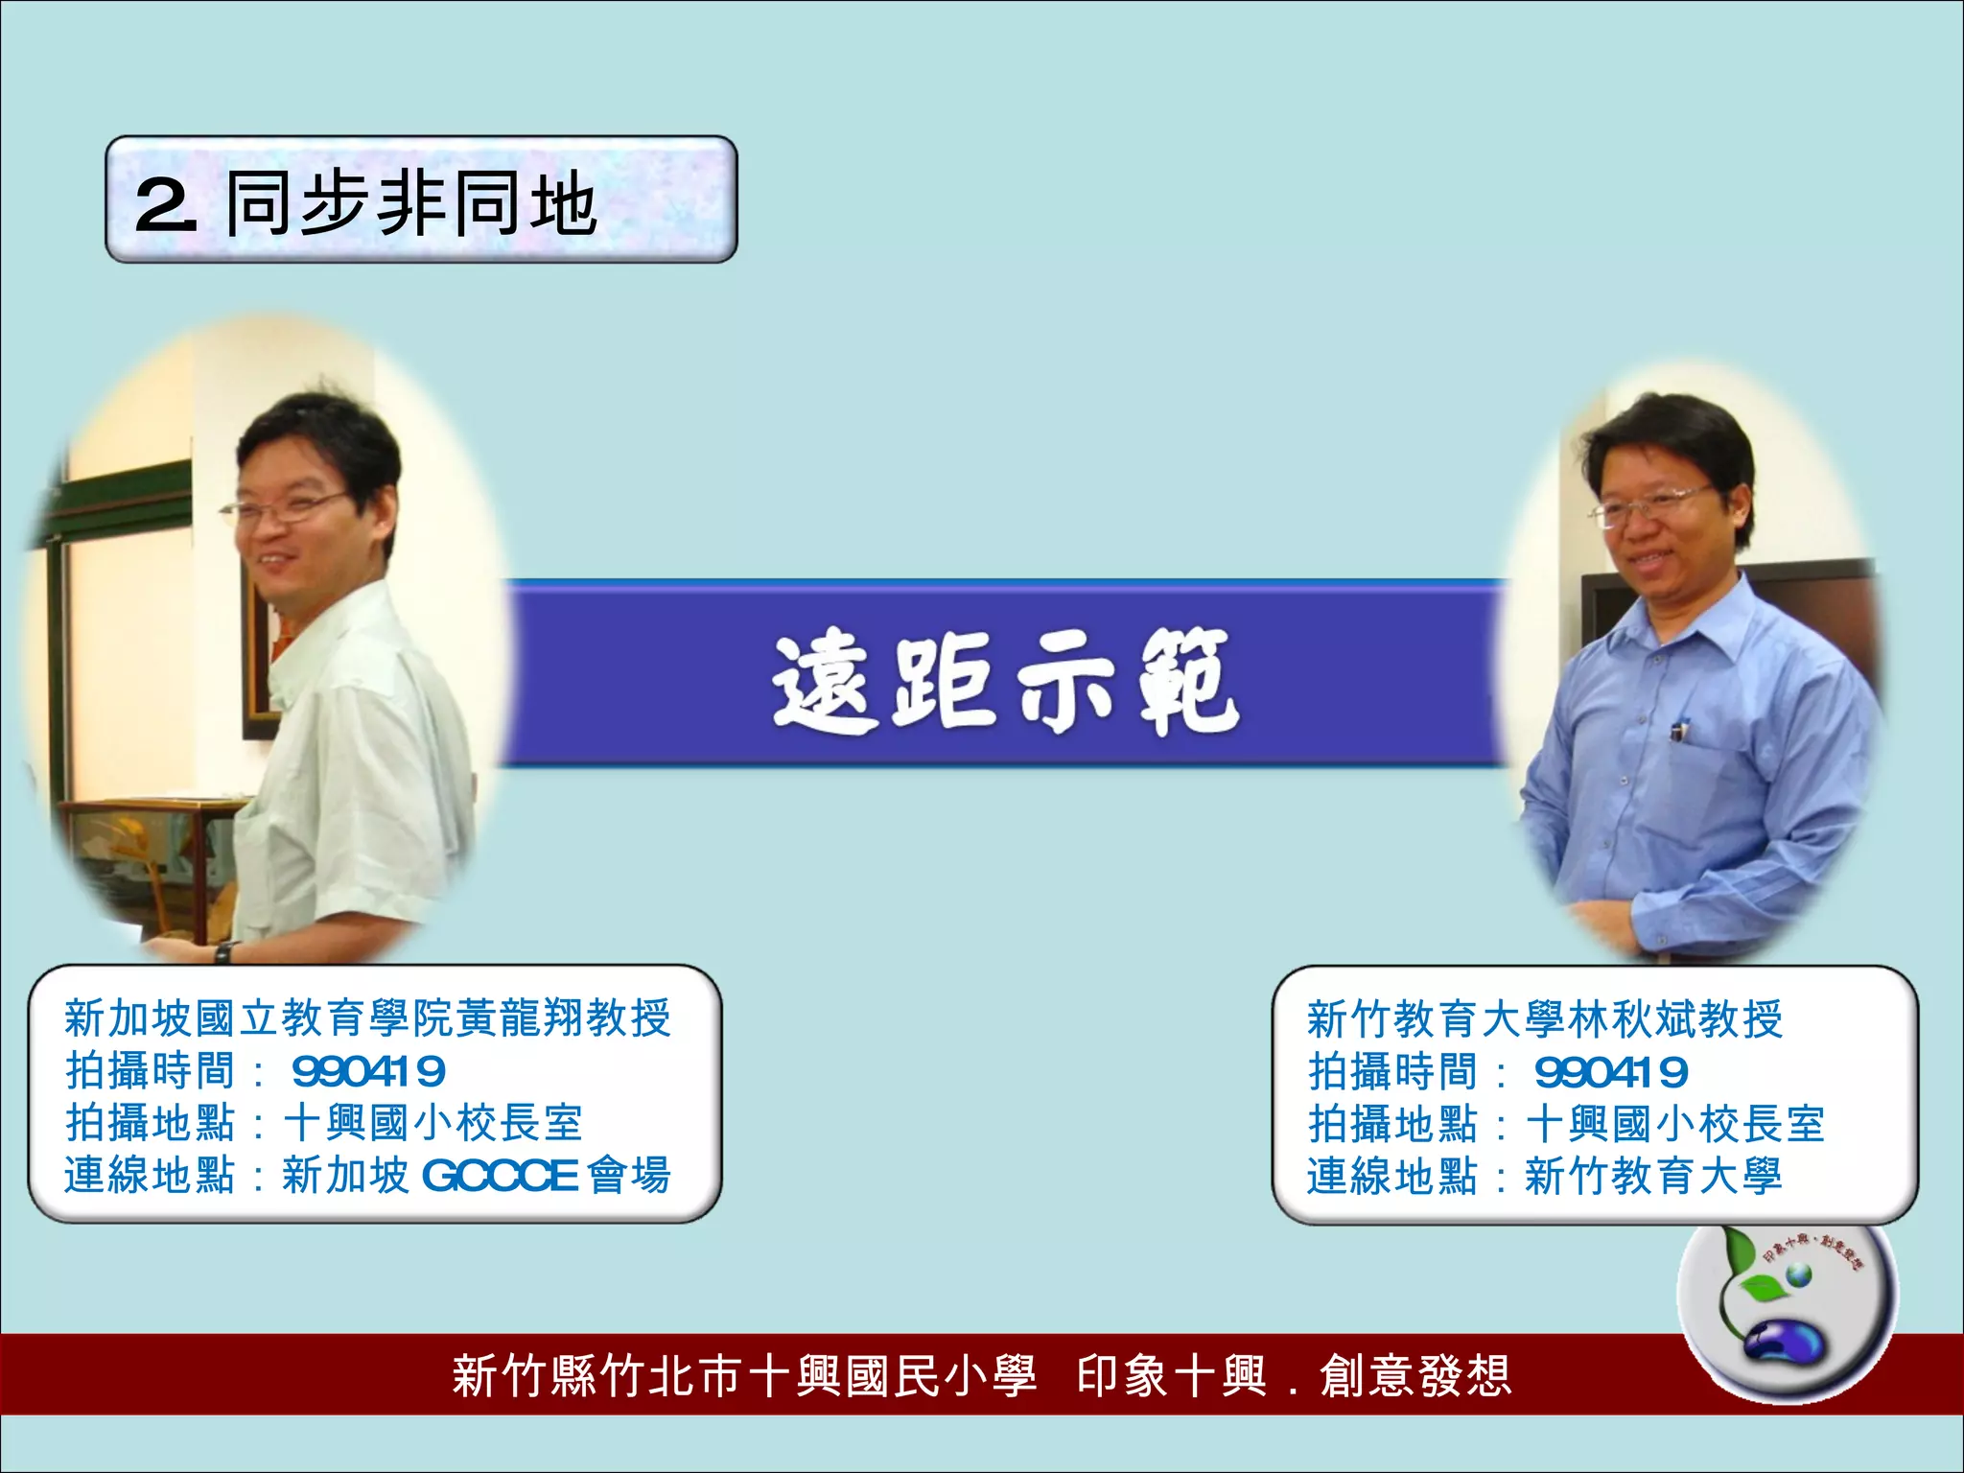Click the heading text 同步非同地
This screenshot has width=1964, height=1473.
pyautogui.click(x=412, y=203)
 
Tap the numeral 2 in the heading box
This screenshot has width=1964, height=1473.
pyautogui.click(x=165, y=204)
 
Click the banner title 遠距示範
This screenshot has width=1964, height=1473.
pyautogui.click(x=1005, y=681)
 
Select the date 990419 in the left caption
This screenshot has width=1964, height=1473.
pyautogui.click(x=368, y=1071)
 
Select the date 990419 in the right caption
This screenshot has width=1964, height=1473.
pyautogui.click(x=1611, y=1072)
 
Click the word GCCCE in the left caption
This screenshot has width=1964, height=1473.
pyautogui.click(x=500, y=1176)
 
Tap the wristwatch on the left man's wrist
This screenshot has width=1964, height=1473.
pyautogui.click(x=222, y=952)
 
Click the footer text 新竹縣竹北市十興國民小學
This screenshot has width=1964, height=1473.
pyautogui.click(x=744, y=1376)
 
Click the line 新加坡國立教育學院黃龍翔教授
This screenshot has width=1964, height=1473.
pyautogui.click(x=368, y=1018)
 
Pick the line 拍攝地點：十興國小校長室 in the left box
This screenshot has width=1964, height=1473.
pyautogui.click(x=324, y=1123)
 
